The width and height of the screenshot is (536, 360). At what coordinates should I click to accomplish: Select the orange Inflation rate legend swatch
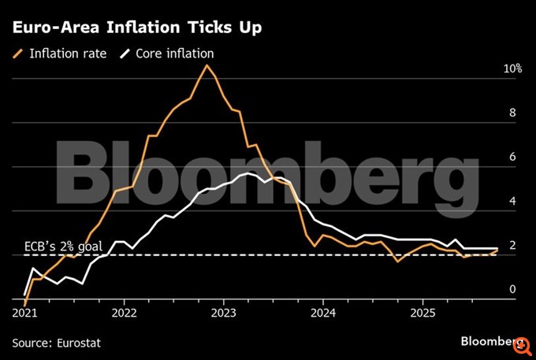pos(17,54)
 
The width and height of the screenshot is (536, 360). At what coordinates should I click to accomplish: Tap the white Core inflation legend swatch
pos(124,54)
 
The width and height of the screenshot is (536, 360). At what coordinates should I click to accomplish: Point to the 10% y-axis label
pos(512,69)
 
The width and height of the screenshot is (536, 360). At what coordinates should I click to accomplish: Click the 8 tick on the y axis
pos(512,113)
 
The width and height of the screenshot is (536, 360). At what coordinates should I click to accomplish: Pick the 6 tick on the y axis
pos(512,157)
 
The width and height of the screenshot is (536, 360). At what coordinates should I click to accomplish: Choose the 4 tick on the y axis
pos(512,201)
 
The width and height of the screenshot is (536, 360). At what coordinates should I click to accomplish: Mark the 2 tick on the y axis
pos(512,246)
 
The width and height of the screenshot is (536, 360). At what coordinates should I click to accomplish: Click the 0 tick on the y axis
pos(512,290)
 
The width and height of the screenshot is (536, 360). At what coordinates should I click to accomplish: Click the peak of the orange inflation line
pos(207,65)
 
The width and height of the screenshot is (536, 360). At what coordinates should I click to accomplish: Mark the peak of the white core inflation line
pos(249,173)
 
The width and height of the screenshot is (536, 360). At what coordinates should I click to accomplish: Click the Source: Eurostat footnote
pos(57,342)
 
